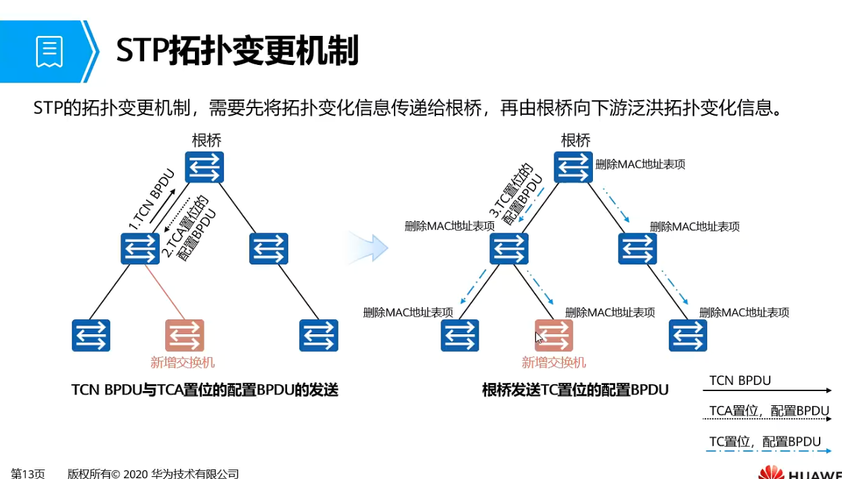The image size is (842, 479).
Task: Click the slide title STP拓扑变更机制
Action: tap(237, 51)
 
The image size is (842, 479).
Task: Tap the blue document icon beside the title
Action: tap(49, 51)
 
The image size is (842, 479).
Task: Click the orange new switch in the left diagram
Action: tap(185, 336)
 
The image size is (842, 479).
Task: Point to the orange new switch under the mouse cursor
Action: tap(554, 336)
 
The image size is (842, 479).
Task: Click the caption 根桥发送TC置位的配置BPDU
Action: tap(575, 390)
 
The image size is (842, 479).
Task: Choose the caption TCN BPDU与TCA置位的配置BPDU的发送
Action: tap(204, 390)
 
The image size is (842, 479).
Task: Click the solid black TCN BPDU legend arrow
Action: tap(770, 390)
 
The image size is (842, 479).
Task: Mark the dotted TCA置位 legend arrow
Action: tap(770, 420)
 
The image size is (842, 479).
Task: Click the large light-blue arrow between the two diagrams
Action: tap(369, 248)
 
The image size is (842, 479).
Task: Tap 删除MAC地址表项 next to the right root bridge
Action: tap(640, 164)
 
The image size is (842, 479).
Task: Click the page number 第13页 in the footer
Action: tap(28, 474)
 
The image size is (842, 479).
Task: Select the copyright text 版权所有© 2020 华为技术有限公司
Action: tap(153, 474)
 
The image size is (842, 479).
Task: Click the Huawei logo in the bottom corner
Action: tap(799, 472)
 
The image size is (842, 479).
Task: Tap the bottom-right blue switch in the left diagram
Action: tap(319, 336)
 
